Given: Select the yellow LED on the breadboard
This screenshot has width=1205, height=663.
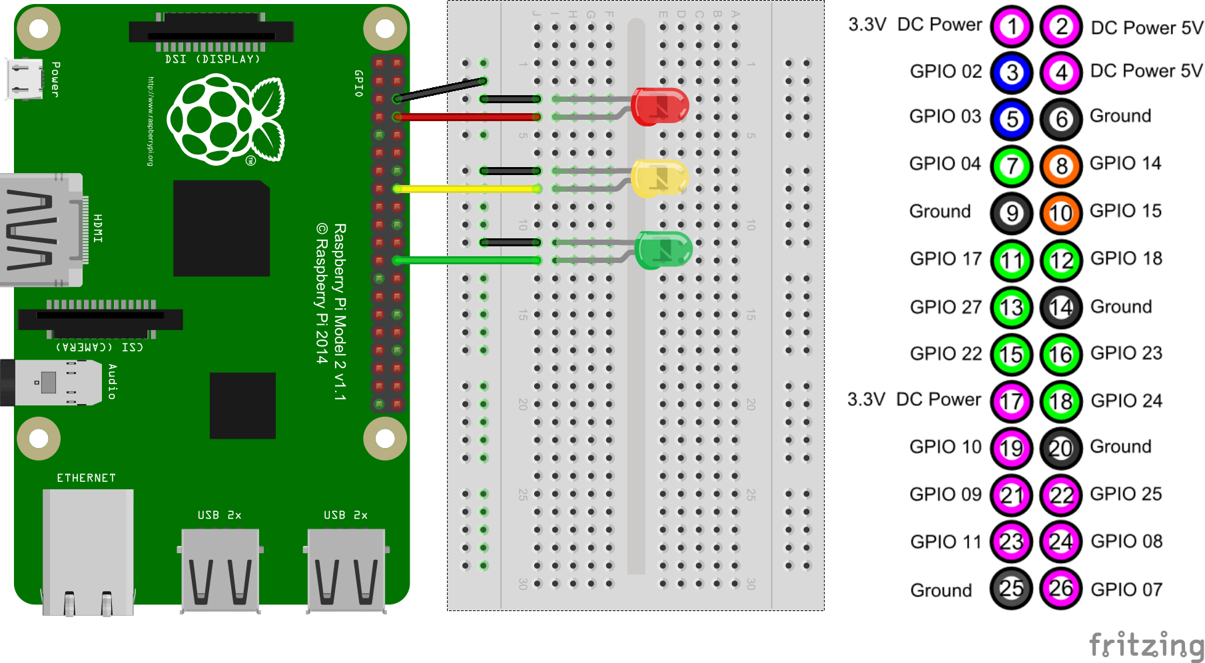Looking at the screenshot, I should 659,178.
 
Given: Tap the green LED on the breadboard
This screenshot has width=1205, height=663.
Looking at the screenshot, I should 663,250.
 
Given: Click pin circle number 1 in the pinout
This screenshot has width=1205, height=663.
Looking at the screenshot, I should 1012,27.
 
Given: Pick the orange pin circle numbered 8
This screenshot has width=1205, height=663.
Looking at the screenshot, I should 1061,165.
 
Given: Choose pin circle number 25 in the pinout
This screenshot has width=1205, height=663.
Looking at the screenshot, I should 1011,588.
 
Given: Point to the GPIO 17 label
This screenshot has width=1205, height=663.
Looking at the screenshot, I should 946,258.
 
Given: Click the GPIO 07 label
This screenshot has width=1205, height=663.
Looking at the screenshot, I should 1126,589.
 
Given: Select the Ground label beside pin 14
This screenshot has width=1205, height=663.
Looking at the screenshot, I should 1121,306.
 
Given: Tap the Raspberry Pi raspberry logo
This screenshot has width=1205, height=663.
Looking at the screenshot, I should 225,120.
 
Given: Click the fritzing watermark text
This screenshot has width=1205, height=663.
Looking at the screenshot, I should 1146,644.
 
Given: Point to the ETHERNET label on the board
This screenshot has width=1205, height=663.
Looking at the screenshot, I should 86,478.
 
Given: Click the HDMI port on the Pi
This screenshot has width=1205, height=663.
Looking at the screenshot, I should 40,230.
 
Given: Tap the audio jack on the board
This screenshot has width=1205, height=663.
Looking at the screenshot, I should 50,383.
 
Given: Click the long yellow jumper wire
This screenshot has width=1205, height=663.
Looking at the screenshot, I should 466,189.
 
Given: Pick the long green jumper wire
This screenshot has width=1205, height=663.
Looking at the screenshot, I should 466,260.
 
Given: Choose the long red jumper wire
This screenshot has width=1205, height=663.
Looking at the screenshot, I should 466,117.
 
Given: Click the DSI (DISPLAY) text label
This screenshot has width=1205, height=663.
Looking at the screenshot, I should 212,59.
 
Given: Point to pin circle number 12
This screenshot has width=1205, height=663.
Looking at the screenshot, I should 1061,260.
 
